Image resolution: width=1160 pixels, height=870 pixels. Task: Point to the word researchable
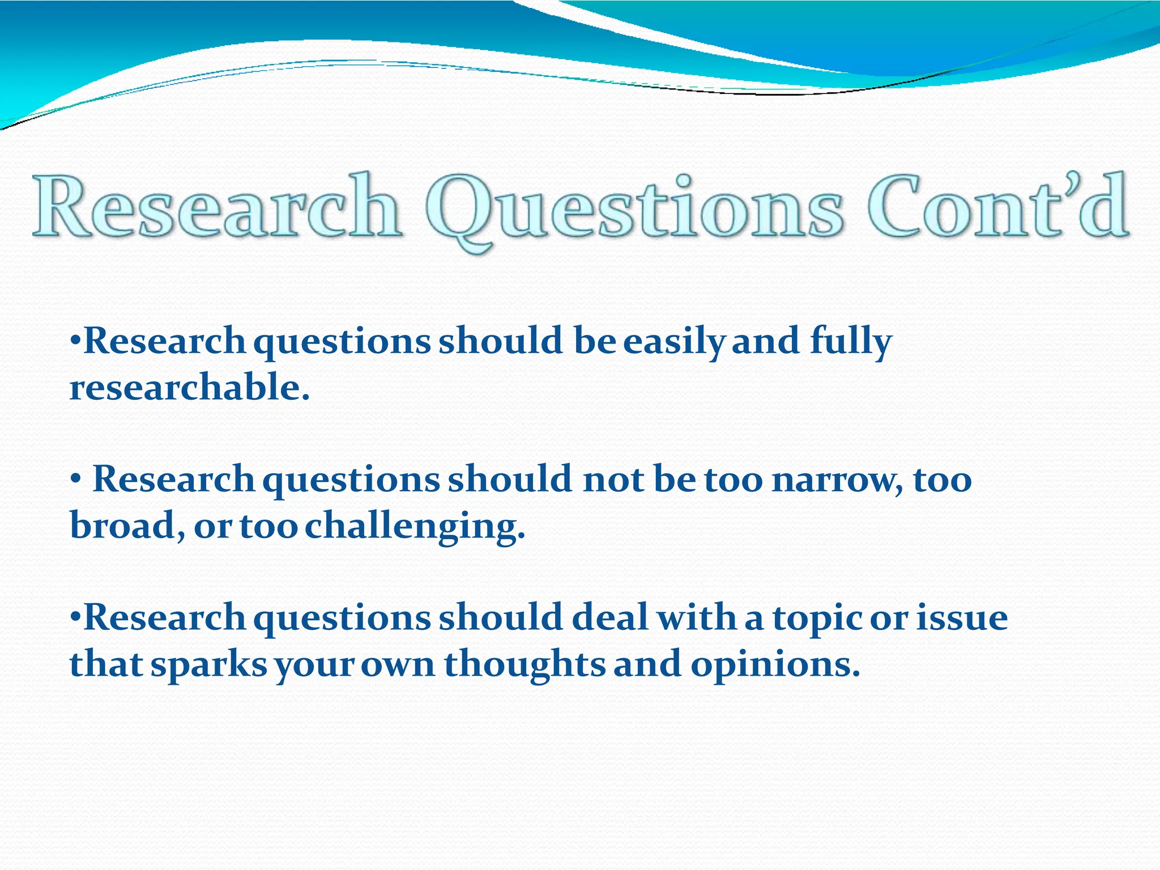pos(189,388)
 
